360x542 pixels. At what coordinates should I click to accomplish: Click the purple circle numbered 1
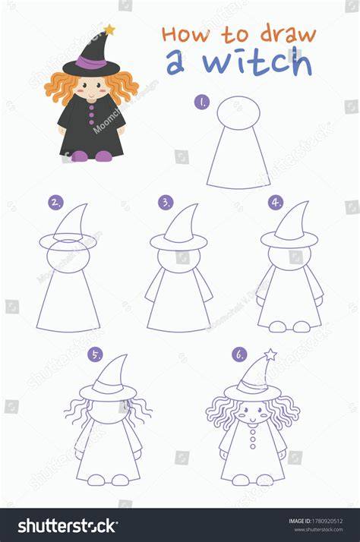(x=201, y=102)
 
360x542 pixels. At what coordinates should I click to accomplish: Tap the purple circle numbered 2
(x=55, y=203)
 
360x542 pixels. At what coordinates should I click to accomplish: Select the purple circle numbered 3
(x=166, y=202)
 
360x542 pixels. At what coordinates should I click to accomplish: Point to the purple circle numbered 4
(x=276, y=202)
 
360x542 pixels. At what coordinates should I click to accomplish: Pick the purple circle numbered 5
(x=95, y=355)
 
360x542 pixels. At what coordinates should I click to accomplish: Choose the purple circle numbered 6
(x=239, y=355)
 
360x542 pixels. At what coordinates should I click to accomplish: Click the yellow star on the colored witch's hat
(x=109, y=30)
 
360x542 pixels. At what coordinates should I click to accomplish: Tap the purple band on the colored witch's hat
(x=91, y=62)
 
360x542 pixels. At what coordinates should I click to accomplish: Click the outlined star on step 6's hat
(x=270, y=355)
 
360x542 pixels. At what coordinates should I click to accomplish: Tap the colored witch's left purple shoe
(x=80, y=156)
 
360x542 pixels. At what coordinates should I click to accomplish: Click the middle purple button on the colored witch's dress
(x=91, y=115)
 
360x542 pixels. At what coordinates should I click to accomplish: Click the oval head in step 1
(x=238, y=113)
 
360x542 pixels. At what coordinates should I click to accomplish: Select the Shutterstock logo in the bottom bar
(x=68, y=526)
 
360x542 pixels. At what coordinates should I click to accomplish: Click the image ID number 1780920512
(x=327, y=521)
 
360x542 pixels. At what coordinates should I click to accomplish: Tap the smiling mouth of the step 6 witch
(x=253, y=421)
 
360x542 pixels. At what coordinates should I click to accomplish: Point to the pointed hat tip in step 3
(x=197, y=205)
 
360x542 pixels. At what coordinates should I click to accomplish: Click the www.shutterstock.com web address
(x=319, y=530)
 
